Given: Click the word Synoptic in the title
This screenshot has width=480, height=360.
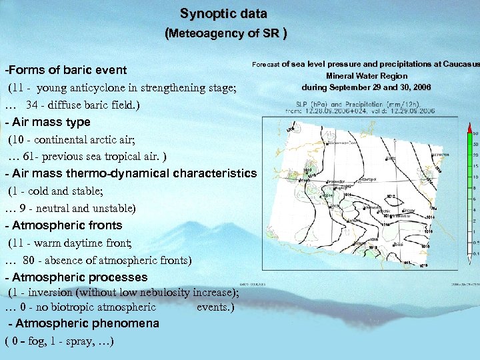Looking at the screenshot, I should point(205,13).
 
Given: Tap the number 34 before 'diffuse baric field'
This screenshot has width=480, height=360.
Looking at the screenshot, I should point(32,105).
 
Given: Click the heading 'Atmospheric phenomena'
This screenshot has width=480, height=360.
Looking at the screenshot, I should point(84,323).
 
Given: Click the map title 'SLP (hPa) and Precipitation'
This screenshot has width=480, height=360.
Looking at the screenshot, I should point(346,105).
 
